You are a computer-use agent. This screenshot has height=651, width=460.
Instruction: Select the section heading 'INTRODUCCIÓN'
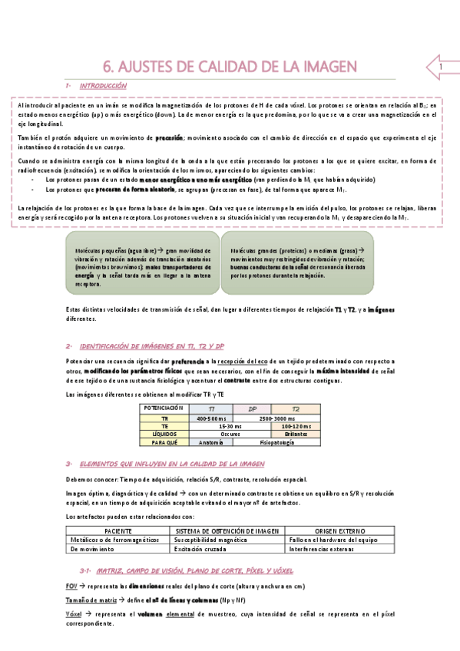point(104,86)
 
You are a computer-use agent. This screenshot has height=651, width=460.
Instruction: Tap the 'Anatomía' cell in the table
point(211,442)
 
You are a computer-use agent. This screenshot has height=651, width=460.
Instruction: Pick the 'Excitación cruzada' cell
point(202,549)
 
